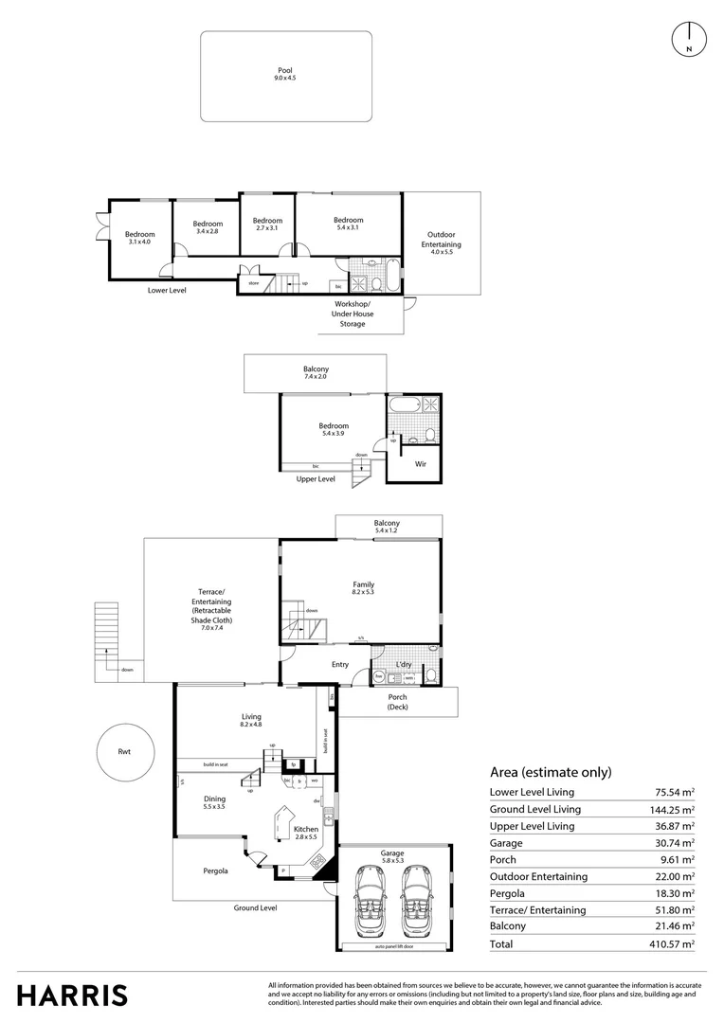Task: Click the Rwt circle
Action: pyautogui.click(x=124, y=754)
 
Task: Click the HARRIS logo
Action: pyautogui.click(x=72, y=995)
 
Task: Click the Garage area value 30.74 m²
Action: pyautogui.click(x=672, y=842)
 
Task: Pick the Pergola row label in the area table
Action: pyautogui.click(x=509, y=893)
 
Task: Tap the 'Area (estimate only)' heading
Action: pyautogui.click(x=551, y=771)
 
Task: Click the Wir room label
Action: pyautogui.click(x=421, y=465)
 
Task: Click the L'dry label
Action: pyautogui.click(x=402, y=664)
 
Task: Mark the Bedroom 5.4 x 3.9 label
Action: pyautogui.click(x=334, y=430)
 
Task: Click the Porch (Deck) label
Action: pyautogui.click(x=397, y=702)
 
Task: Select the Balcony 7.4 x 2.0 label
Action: pyautogui.click(x=316, y=373)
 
